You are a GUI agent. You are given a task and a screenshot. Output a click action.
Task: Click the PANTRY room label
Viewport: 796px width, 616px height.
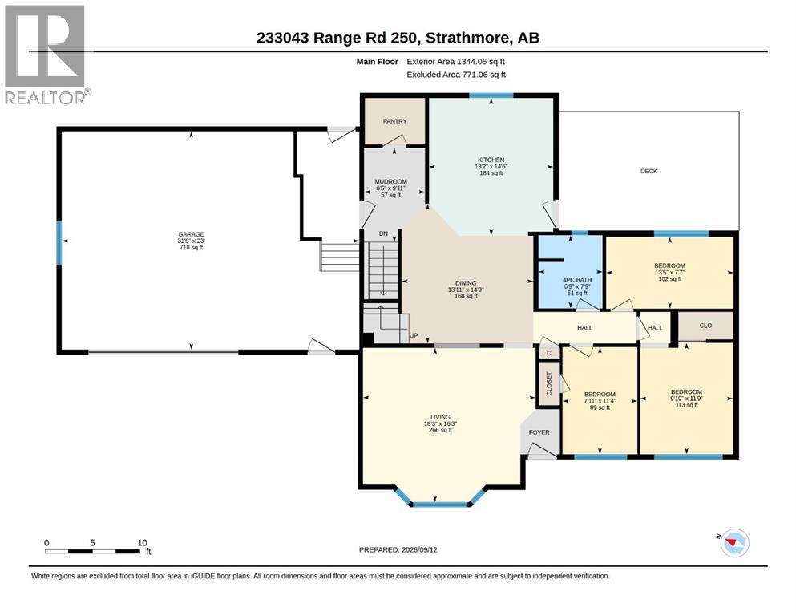click(x=394, y=121)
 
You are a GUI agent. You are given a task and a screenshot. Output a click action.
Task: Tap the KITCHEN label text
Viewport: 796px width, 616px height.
click(x=491, y=160)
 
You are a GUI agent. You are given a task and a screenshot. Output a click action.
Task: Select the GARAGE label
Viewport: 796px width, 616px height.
click(x=191, y=234)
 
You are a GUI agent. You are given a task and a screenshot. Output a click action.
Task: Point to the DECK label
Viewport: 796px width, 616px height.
click(x=649, y=171)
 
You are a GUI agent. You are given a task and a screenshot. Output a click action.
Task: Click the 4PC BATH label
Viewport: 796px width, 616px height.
click(x=577, y=280)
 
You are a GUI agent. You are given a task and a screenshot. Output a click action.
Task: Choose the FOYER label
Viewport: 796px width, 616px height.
click(x=539, y=432)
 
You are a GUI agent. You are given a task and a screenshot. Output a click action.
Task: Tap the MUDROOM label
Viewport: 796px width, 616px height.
click(x=390, y=182)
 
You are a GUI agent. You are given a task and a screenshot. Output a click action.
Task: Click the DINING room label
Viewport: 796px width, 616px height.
click(x=466, y=283)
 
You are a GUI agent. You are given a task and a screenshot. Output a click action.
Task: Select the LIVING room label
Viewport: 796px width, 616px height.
click(x=440, y=417)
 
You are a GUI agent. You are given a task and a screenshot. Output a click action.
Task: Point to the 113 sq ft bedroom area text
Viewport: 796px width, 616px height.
click(x=686, y=405)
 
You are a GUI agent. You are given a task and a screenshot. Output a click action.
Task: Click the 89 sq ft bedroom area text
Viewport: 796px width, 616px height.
click(x=600, y=407)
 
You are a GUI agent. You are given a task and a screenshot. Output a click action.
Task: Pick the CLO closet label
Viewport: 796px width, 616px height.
click(x=705, y=326)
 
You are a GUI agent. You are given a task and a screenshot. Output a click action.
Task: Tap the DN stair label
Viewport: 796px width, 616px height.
click(x=383, y=233)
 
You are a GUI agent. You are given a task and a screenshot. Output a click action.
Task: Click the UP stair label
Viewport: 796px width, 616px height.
click(x=414, y=336)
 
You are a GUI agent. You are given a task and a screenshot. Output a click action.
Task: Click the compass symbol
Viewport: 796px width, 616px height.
click(x=734, y=543)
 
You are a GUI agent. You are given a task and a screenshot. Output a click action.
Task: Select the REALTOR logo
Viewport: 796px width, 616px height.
click(x=48, y=55)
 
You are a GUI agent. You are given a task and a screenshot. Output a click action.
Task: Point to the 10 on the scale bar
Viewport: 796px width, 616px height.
click(x=142, y=543)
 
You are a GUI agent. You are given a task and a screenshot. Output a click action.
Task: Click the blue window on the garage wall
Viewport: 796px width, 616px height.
click(x=59, y=242)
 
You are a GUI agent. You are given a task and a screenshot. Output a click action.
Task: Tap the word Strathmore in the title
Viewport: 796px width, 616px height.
click(x=467, y=38)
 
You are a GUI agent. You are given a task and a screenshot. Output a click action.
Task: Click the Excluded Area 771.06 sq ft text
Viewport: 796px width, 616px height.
click(x=456, y=75)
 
